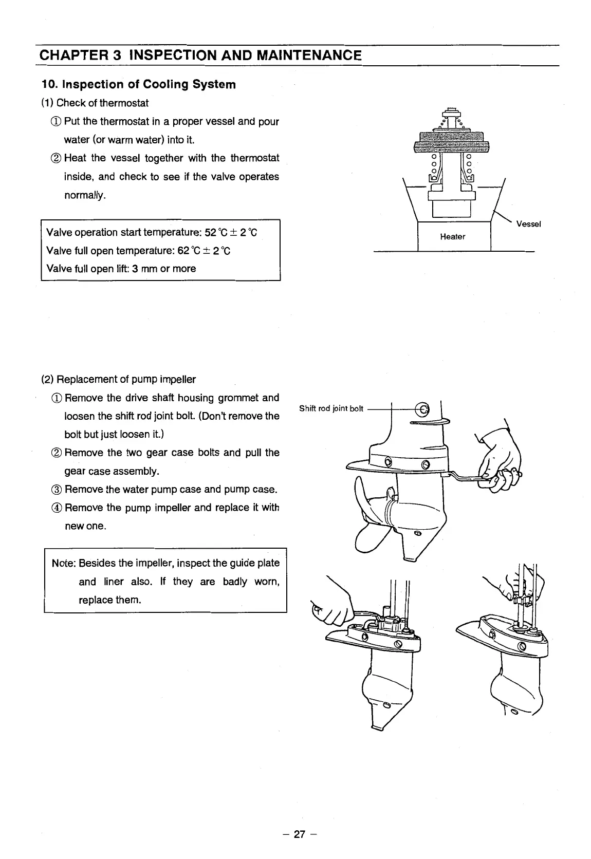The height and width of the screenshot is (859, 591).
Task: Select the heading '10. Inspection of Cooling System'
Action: coord(139,84)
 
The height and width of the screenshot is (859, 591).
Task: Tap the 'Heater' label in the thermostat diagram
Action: coord(452,237)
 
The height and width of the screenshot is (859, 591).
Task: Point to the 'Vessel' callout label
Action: coord(528,224)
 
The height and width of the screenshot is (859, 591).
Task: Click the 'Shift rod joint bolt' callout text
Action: coord(331,409)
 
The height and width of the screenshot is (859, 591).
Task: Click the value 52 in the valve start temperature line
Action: coord(210,232)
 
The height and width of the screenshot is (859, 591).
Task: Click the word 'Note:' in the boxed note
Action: coord(64,563)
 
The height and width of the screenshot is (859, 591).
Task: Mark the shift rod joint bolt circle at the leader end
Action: coord(424,409)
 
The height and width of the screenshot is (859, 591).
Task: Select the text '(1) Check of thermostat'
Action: coord(95,103)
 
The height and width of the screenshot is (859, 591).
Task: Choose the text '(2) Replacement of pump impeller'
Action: coord(119,380)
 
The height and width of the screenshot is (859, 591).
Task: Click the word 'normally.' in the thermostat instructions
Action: coord(85,196)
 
